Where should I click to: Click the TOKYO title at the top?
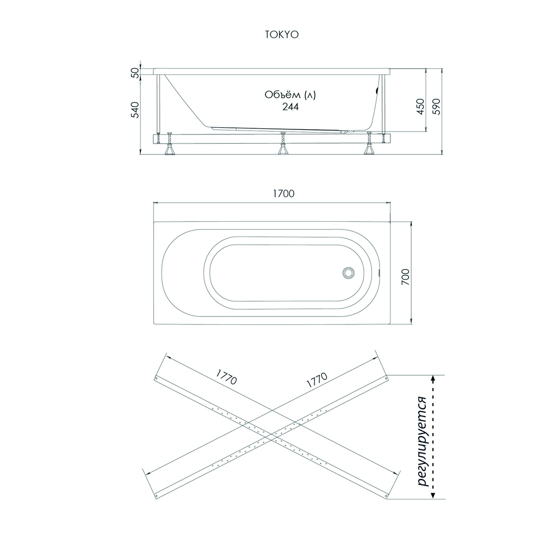coord(282,35)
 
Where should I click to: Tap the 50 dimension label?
coord(135,73)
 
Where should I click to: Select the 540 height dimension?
coord(135,110)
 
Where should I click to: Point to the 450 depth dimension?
coord(420,106)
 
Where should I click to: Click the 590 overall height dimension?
coord(436,106)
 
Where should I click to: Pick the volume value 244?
coord(290,106)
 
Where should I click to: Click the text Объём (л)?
coord(290,94)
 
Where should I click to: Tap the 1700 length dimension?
coord(283,194)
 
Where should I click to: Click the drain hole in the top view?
coord(348,272)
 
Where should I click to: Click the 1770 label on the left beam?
coord(227,377)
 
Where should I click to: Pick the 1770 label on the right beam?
coord(317,380)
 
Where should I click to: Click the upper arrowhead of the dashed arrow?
coord(433,379)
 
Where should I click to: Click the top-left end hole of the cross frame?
coord(156,378)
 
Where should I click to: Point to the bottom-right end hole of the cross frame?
coord(386,495)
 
